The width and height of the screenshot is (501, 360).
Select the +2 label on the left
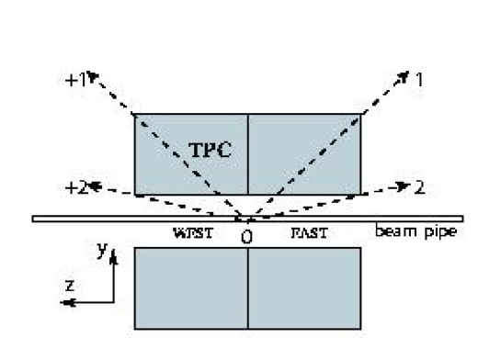pos(75,188)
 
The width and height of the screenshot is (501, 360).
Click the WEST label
pos(192,233)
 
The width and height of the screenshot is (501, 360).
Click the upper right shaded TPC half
pos(304,154)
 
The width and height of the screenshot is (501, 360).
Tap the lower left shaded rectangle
pos(191,287)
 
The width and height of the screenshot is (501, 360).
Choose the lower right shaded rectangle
pos(304,287)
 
